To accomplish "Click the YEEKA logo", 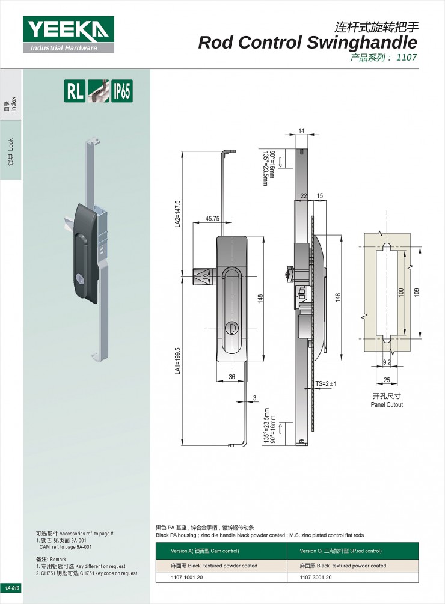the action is tap(68, 34).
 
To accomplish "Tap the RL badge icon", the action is tap(75, 91).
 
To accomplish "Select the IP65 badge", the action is tap(121, 91).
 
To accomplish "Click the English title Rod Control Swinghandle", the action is tap(307, 43).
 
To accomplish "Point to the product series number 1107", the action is tap(407, 58).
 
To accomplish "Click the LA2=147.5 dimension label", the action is tap(177, 213).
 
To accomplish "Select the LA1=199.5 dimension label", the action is tap(177, 361).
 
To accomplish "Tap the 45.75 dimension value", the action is tap(212, 218).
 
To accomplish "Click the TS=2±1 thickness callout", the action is tap(326, 383).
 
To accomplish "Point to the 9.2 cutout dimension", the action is tap(387, 362).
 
